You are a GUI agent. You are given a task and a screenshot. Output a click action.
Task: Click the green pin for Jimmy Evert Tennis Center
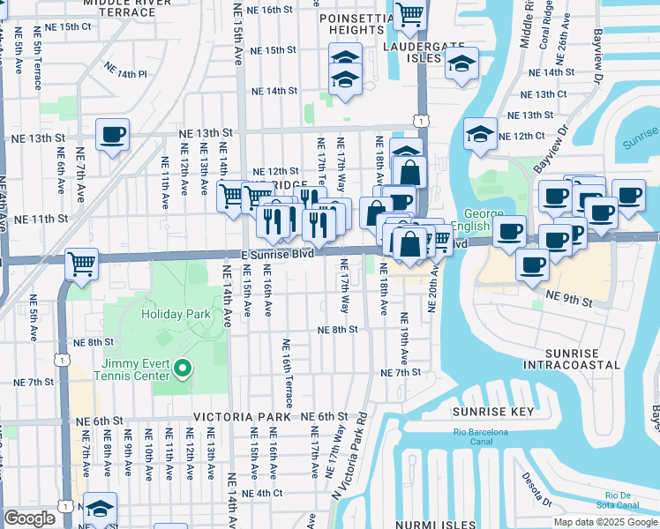(x=183, y=369)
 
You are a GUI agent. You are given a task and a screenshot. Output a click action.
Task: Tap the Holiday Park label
(x=177, y=313)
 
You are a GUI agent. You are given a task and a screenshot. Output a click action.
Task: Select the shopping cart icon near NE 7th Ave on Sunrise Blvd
(x=81, y=263)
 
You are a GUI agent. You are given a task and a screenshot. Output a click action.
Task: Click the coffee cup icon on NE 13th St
(x=112, y=136)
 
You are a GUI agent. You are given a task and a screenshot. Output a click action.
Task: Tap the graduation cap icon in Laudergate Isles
(x=461, y=64)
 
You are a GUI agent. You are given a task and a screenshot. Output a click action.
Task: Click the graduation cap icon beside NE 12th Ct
(x=480, y=134)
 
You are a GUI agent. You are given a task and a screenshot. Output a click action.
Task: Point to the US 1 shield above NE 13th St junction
(x=423, y=119)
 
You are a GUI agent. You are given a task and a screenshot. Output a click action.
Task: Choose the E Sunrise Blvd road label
(x=277, y=254)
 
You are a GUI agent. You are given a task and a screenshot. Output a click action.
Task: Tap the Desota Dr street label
(x=536, y=492)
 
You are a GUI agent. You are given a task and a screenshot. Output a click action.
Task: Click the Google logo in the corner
(x=30, y=518)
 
